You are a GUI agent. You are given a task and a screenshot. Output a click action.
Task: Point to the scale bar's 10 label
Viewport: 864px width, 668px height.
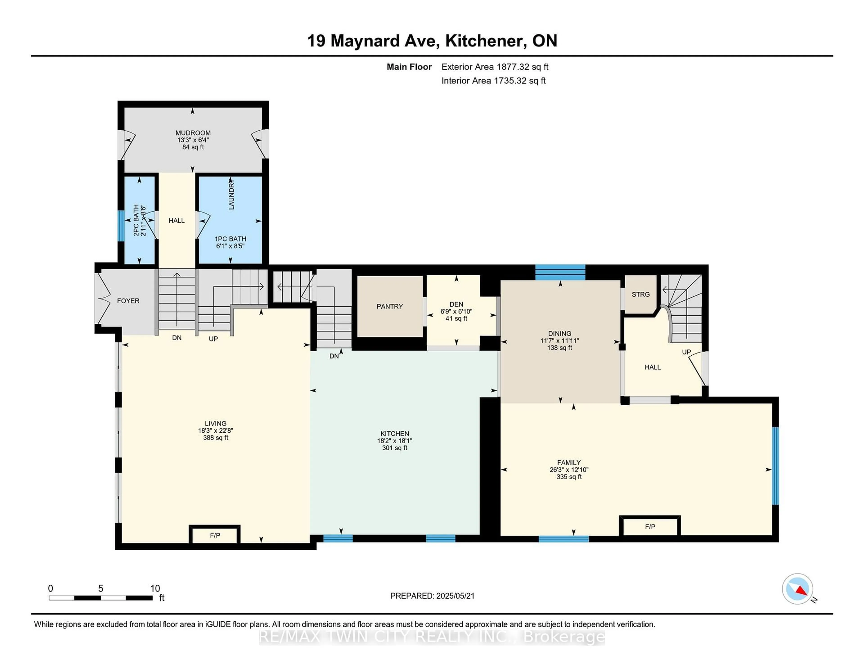155,589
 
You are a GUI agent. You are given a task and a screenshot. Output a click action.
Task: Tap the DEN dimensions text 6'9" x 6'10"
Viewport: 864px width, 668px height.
456,311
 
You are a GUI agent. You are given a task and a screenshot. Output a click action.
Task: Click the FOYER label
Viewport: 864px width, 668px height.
128,301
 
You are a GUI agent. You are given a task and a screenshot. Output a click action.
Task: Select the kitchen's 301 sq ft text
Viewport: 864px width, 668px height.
394,448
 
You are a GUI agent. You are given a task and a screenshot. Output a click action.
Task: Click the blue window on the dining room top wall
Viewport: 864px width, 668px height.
560,272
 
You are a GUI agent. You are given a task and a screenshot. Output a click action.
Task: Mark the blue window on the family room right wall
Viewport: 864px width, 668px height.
775,466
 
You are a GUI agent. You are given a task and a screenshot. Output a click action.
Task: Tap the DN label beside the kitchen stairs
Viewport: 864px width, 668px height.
334,356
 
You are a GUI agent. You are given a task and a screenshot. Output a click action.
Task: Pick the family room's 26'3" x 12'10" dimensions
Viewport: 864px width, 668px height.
569,470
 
